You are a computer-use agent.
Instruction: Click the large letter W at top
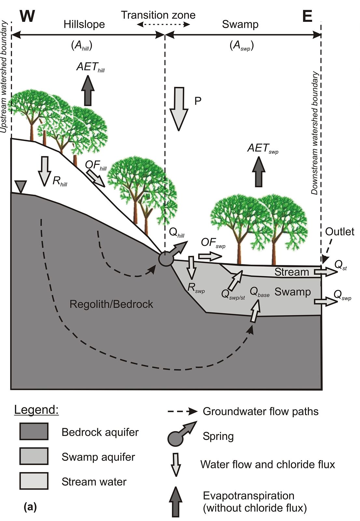click(27, 16)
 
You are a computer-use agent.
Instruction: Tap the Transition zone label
click(158, 15)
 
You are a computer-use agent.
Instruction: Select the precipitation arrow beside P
click(179, 109)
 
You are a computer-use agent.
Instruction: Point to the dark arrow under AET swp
click(258, 171)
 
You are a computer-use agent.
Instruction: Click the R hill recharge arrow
click(44, 171)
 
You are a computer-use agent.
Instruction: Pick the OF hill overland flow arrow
click(96, 178)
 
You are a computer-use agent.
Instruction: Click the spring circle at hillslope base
click(166, 259)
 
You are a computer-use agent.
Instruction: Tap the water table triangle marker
click(21, 187)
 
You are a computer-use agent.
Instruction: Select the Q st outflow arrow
click(325, 272)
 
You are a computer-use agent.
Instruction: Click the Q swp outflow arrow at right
click(325, 302)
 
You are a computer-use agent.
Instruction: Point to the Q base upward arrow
click(255, 311)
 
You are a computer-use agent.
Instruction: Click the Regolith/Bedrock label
click(111, 304)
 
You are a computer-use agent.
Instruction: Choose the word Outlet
click(339, 232)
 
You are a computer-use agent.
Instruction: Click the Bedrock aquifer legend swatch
click(34, 431)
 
